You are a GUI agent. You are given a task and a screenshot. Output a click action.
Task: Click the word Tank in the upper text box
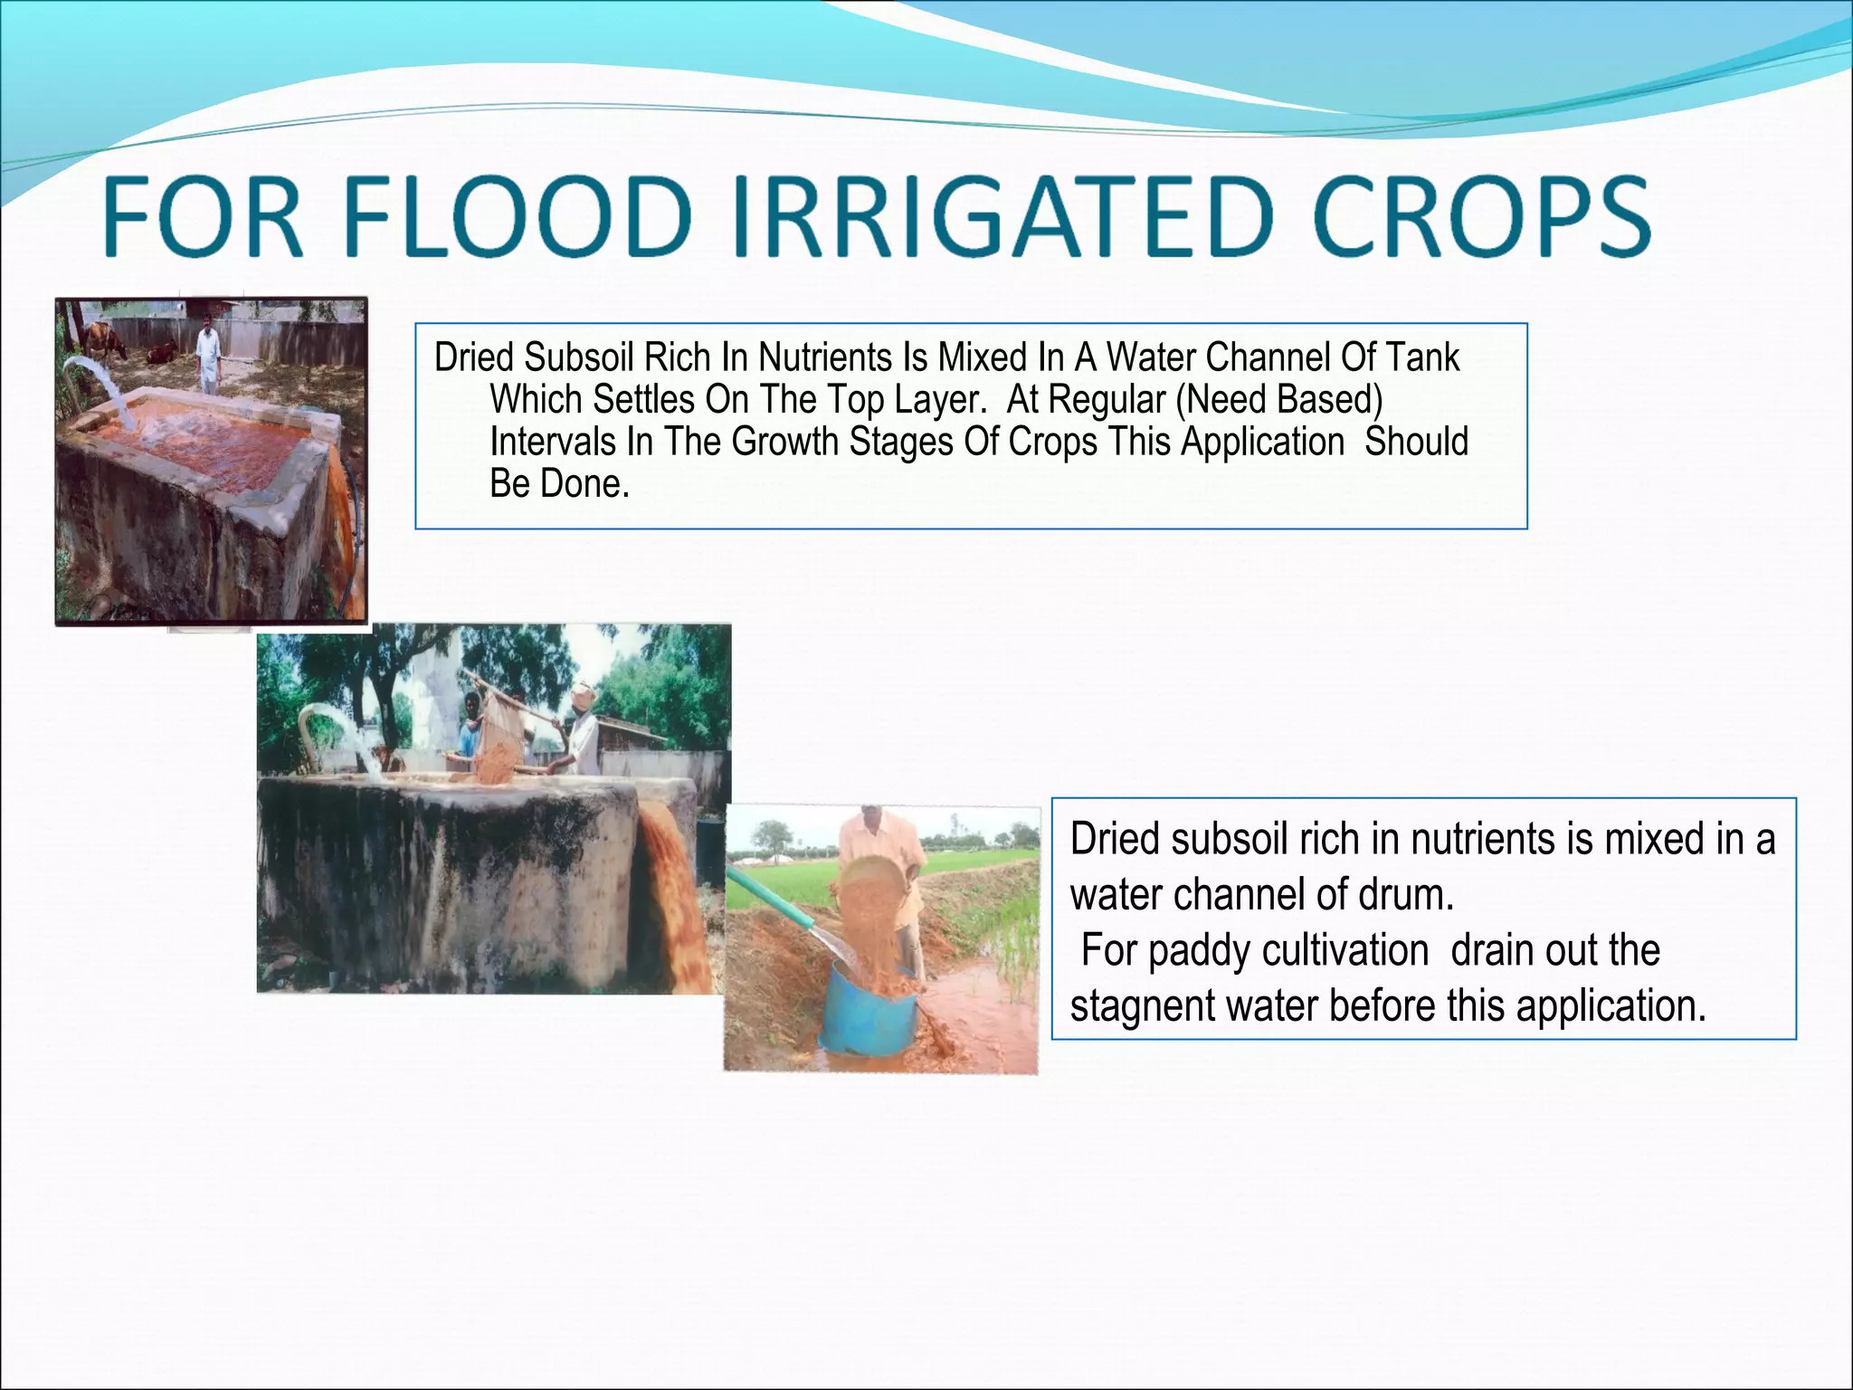coord(1421,357)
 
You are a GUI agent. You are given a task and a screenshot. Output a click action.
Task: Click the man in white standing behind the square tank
coord(209,352)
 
